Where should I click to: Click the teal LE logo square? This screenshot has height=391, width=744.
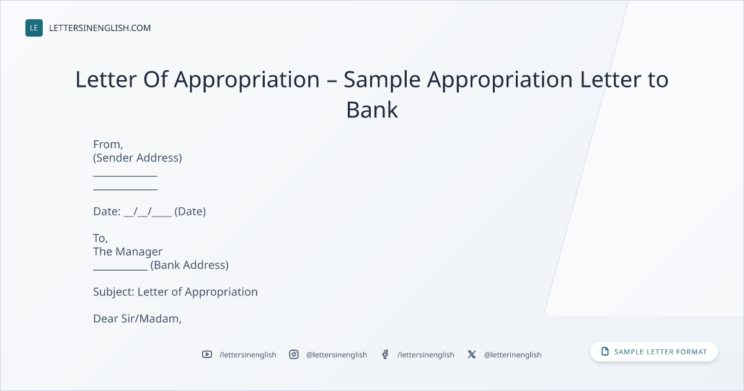point(34,28)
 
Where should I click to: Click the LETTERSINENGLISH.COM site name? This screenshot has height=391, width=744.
point(100,28)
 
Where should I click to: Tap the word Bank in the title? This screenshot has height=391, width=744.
point(372,110)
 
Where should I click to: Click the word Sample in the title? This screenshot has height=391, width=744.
point(382,80)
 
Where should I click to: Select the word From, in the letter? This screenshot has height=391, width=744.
point(108,145)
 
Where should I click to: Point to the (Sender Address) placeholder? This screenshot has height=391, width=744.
point(138,158)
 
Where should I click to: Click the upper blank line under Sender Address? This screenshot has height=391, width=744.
point(125,176)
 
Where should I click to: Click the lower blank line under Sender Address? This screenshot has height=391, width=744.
point(125,189)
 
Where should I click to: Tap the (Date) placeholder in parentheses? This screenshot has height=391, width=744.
point(190,212)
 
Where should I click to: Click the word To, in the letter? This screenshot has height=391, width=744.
point(100,238)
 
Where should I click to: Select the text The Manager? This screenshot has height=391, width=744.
point(128,252)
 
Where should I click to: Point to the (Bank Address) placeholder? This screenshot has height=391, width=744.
point(189,265)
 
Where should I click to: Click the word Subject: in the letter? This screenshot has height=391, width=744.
point(113,292)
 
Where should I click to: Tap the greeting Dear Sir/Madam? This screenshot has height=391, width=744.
point(137,318)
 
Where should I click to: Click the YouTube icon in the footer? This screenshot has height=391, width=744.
point(207,354)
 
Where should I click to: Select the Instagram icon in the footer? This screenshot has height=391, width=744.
point(294,354)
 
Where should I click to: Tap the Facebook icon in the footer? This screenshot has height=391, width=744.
point(385,354)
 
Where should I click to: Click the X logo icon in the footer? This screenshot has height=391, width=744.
point(472,354)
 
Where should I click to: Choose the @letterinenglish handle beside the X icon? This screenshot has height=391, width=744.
point(513,355)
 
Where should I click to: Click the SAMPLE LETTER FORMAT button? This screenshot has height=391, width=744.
point(654,352)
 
